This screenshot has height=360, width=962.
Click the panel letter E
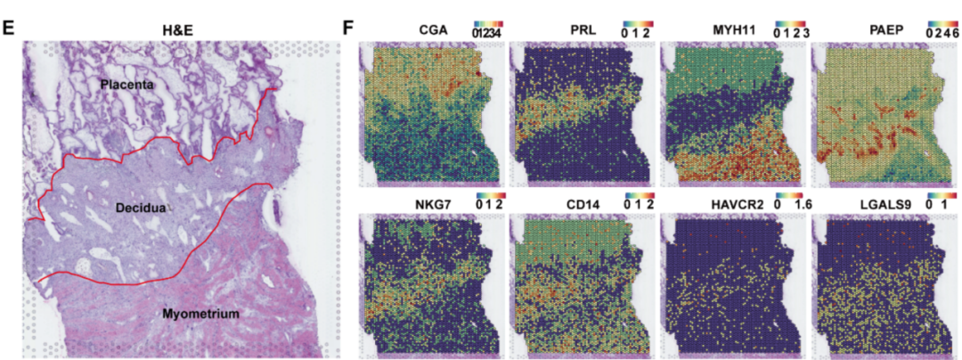tap(9, 27)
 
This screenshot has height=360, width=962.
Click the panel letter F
tap(349, 27)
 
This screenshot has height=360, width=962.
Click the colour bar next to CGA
tap(489, 23)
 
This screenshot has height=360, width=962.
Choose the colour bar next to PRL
tap(640, 23)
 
